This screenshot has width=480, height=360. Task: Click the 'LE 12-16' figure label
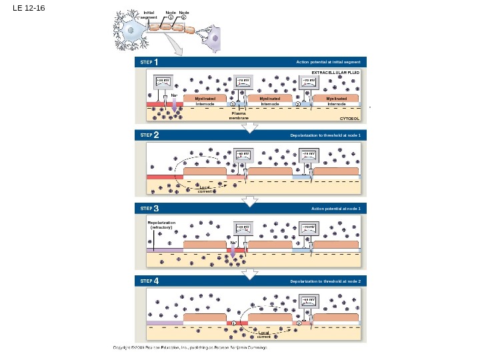click(x=27, y=9)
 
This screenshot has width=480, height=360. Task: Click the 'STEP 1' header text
click(x=149, y=62)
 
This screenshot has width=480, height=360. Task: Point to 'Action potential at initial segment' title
click(x=328, y=62)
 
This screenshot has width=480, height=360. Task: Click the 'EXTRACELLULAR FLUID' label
click(x=335, y=71)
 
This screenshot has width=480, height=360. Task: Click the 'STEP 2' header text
click(x=149, y=135)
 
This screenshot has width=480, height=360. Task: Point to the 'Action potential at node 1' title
click(x=335, y=209)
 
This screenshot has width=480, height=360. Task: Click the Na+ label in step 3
click(x=233, y=243)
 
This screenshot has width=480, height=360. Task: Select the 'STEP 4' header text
click(x=149, y=282)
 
